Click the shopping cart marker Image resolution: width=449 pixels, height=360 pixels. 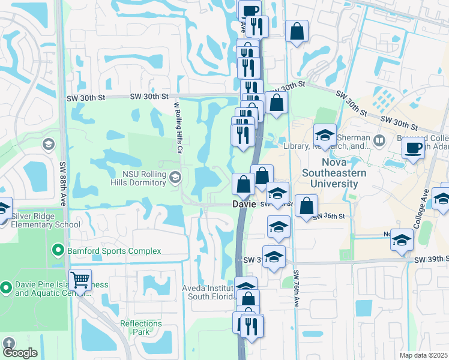80,279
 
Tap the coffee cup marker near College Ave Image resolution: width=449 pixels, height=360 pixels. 412,148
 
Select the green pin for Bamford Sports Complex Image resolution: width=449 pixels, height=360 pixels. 58,250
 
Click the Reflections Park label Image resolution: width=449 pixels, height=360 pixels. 141,328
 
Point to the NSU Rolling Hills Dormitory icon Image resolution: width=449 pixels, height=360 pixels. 175,177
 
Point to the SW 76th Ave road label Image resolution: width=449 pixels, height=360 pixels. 296,289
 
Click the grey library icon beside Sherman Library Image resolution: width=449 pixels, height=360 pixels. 379,141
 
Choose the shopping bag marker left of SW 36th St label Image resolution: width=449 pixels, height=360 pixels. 306,205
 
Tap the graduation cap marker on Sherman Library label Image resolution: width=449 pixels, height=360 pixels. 325,136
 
